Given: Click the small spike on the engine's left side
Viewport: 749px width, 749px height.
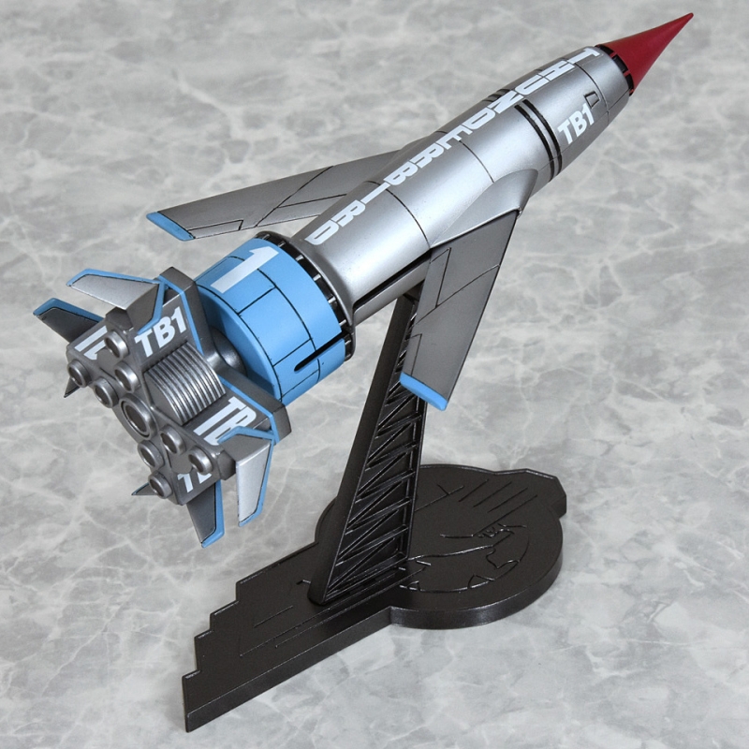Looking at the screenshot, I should (x=70, y=385).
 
